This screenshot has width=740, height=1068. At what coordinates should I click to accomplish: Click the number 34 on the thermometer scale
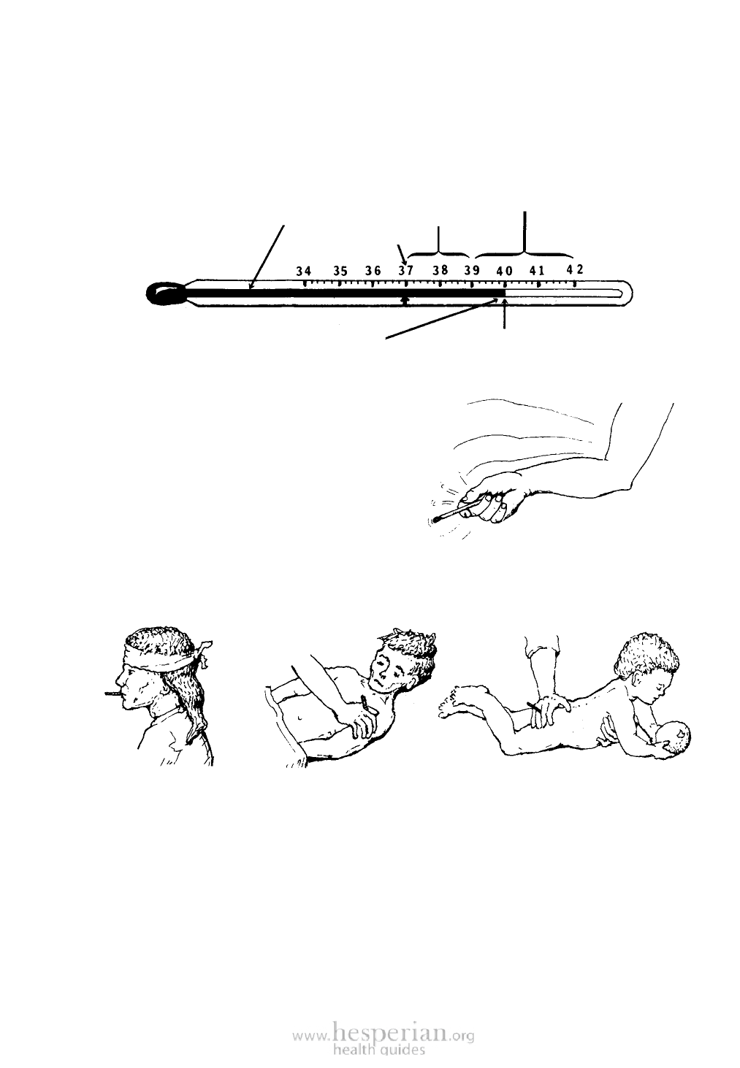[x=303, y=272]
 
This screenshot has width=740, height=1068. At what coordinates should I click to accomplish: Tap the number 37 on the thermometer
[x=405, y=270]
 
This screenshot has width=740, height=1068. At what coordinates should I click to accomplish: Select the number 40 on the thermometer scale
[x=504, y=272]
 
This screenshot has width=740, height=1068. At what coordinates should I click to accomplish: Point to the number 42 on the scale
[x=574, y=269]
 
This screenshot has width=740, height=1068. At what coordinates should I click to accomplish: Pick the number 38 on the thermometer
[x=440, y=270]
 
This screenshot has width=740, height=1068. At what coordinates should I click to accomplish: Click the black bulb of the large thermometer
[x=164, y=293]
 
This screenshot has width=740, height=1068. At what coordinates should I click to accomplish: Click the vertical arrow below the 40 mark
[x=504, y=313]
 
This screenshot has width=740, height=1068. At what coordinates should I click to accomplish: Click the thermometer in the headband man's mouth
[x=112, y=693]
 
